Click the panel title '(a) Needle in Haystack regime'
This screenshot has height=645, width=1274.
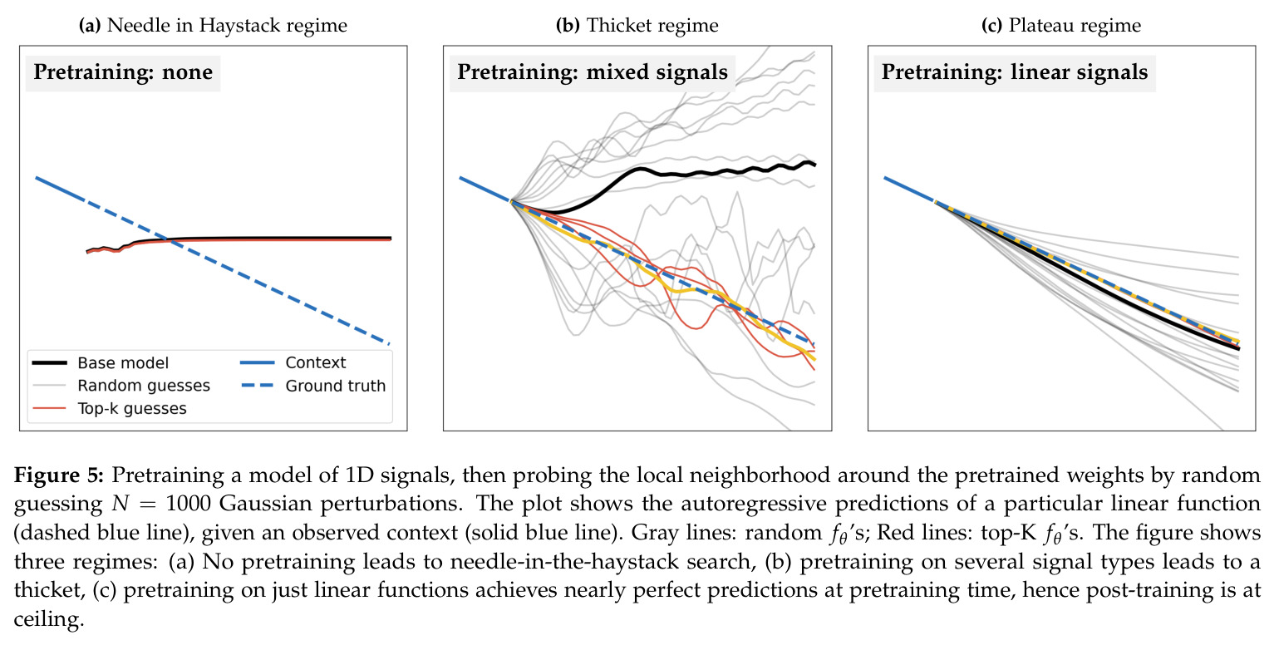pos(213,26)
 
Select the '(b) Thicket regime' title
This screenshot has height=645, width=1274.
pos(637,26)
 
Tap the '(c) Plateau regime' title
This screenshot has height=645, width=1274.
pos(1061,26)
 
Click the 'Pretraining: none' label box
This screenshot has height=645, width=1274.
pos(123,73)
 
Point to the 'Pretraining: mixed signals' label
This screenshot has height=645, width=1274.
pos(592,73)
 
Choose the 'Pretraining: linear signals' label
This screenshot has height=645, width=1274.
pos(1015,73)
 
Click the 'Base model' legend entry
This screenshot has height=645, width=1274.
pos(101,363)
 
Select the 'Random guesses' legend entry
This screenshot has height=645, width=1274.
pos(121,386)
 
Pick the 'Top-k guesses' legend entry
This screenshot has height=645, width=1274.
pos(109,408)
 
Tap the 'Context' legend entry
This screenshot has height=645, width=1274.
pos(293,363)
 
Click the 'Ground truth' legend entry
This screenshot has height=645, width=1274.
pos(313,386)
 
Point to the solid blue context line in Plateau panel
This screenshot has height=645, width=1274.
pos(909,190)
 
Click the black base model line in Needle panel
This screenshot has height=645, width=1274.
pos(239,239)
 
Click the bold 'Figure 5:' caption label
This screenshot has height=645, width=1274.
pos(58,475)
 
